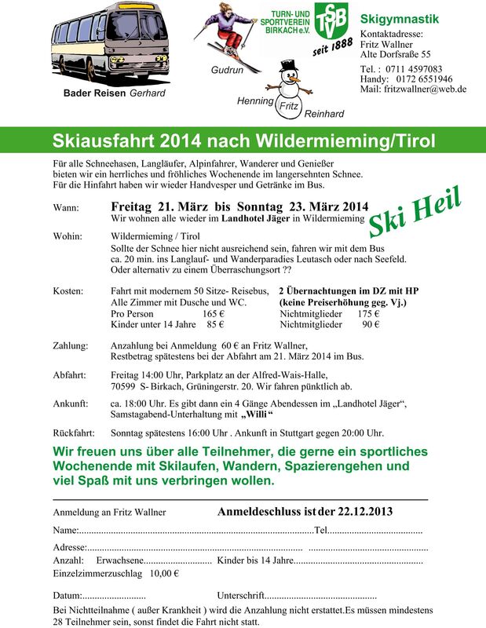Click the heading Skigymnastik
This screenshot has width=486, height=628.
point(400,19)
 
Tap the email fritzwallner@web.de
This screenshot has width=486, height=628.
point(424,89)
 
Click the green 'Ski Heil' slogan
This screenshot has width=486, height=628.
point(415,212)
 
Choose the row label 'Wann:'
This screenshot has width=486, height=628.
point(66,208)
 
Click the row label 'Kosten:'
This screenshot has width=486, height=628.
point(68,291)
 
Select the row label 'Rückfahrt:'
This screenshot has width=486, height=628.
point(74,433)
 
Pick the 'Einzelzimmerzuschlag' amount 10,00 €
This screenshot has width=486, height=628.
point(164,573)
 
